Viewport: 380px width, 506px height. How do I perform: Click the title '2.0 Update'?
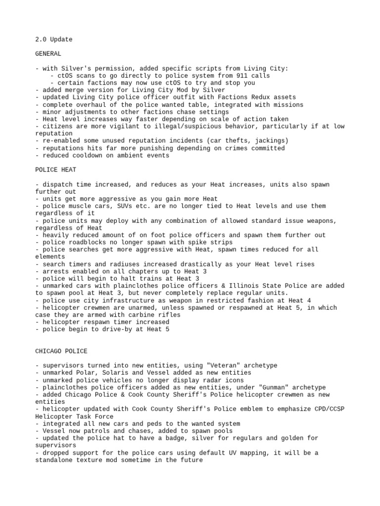53,40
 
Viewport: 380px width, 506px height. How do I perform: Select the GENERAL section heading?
48,54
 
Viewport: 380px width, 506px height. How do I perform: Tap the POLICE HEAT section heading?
55,170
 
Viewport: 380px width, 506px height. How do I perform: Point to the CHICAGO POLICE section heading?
61,351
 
